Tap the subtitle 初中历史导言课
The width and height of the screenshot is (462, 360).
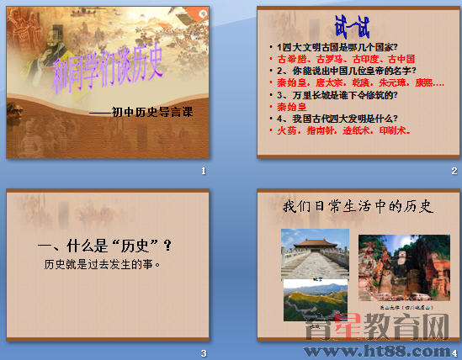tap(148, 110)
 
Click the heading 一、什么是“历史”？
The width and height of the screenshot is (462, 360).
tap(106, 246)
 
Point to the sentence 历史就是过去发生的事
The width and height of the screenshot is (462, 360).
tap(103, 265)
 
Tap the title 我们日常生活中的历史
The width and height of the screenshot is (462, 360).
tap(358, 205)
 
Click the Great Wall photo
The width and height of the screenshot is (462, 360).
tap(316, 303)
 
